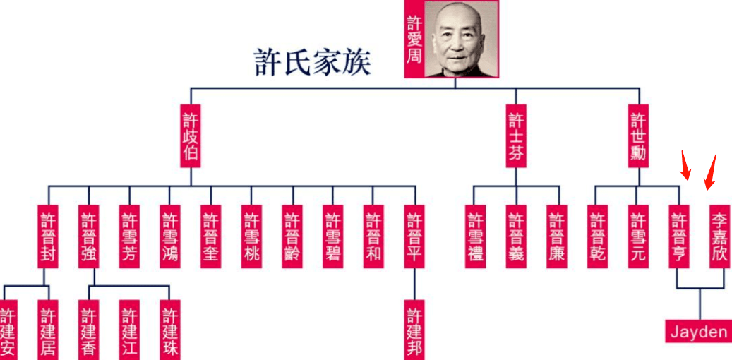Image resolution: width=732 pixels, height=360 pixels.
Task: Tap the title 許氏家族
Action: (x=312, y=64)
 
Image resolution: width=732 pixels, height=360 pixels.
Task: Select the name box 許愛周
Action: (x=414, y=39)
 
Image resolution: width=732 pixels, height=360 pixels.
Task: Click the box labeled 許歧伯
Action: (x=191, y=136)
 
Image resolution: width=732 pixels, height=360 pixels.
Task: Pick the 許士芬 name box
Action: (x=516, y=136)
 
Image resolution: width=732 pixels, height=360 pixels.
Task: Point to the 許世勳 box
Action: (x=638, y=136)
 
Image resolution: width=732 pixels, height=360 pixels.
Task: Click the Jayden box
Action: (x=699, y=332)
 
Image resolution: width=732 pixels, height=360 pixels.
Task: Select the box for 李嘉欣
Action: (x=719, y=236)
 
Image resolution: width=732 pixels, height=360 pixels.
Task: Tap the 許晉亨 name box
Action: (x=679, y=236)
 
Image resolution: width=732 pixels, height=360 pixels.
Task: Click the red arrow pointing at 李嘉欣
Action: (x=711, y=173)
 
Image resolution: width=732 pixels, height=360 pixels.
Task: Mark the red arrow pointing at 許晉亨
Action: (x=685, y=165)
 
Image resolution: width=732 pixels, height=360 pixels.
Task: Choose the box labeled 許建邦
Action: (x=414, y=330)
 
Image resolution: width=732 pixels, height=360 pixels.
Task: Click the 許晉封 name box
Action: (x=48, y=236)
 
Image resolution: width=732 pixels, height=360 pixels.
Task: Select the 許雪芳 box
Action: (x=129, y=236)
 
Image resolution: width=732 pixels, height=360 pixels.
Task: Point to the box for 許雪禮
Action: (x=475, y=236)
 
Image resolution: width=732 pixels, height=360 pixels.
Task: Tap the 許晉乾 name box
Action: (x=598, y=236)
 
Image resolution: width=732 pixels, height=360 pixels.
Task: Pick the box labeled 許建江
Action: (x=129, y=330)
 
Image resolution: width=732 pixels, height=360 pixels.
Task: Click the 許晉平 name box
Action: (x=414, y=236)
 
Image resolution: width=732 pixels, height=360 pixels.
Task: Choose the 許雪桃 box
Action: (x=251, y=236)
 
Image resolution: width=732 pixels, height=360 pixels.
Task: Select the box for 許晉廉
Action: (x=557, y=236)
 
